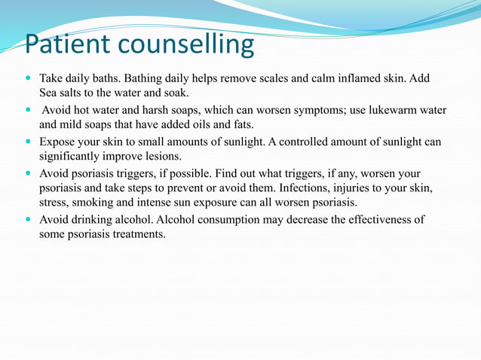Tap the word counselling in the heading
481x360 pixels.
185,46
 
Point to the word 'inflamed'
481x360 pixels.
369,78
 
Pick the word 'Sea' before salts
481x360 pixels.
49,93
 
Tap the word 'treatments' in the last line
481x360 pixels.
138,234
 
